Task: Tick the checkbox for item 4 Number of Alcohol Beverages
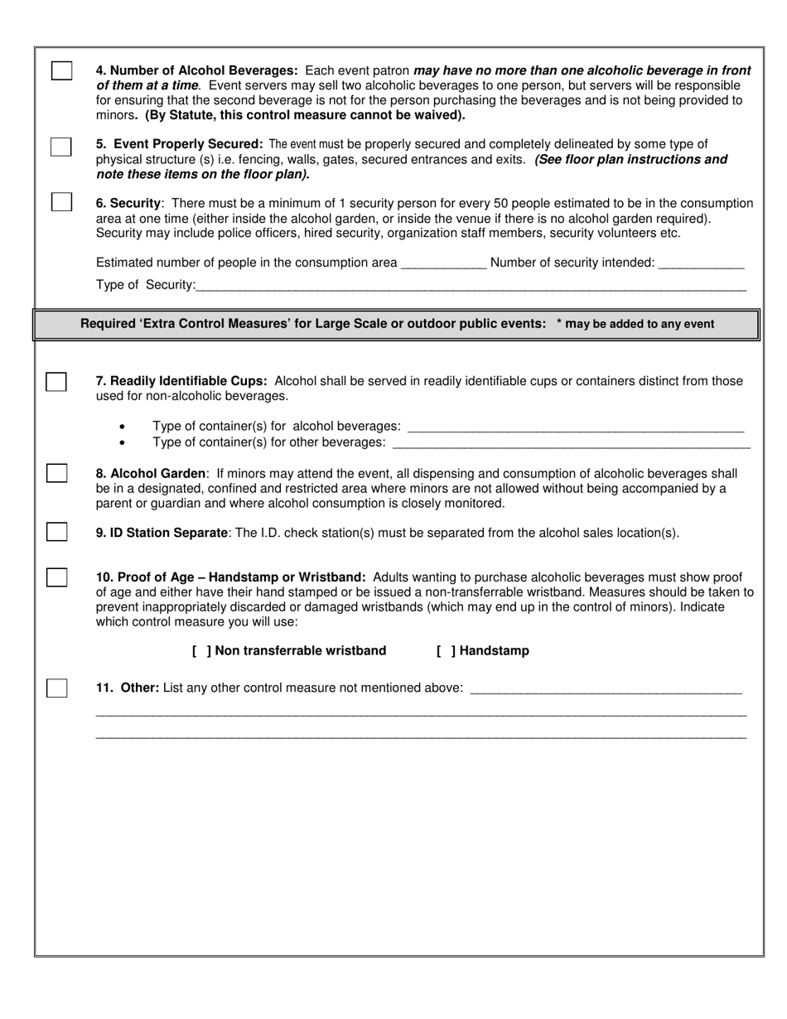[62, 71]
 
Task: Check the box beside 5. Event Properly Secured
[61, 147]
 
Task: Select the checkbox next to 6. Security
[61, 202]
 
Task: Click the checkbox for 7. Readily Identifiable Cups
[56, 382]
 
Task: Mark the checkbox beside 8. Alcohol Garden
[56, 473]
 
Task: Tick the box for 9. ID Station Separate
[56, 532]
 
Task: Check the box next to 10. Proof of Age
[56, 577]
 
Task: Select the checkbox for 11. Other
[56, 688]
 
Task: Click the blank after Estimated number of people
[443, 264]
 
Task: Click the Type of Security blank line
[471, 287]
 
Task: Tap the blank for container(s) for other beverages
[571, 443]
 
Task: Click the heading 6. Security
[128, 204]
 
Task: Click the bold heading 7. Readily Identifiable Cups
[181, 381]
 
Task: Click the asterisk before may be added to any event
[560, 324]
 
